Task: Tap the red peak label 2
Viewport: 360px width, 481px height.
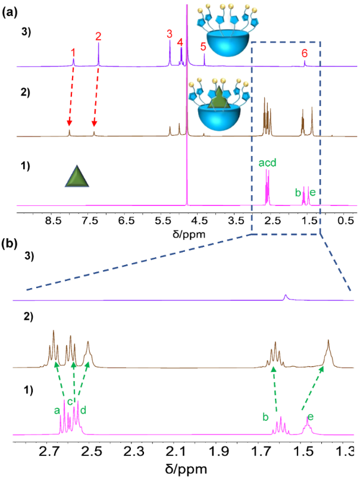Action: click(99, 36)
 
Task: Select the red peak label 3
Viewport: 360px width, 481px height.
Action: click(170, 34)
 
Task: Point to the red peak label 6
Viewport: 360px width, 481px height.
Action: click(305, 53)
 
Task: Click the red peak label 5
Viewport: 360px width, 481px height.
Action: click(204, 46)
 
